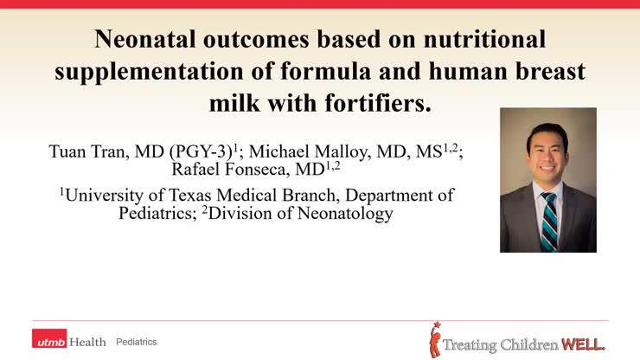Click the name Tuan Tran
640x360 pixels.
click(86, 153)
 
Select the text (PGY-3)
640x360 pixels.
click(205, 153)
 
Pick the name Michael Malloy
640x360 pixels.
click(312, 153)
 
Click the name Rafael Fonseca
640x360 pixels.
click(228, 169)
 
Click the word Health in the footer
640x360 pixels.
click(90, 342)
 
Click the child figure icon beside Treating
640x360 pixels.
click(436, 339)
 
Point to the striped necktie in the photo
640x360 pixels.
click(548, 222)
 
